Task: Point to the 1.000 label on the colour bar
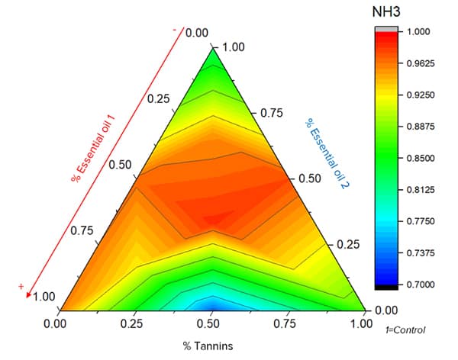tap(420, 32)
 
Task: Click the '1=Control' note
tap(405, 329)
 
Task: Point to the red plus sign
tap(22, 286)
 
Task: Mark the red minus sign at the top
tap(175, 30)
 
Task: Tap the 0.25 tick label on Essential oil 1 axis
tap(158, 99)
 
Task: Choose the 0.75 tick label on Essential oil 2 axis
tap(272, 113)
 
